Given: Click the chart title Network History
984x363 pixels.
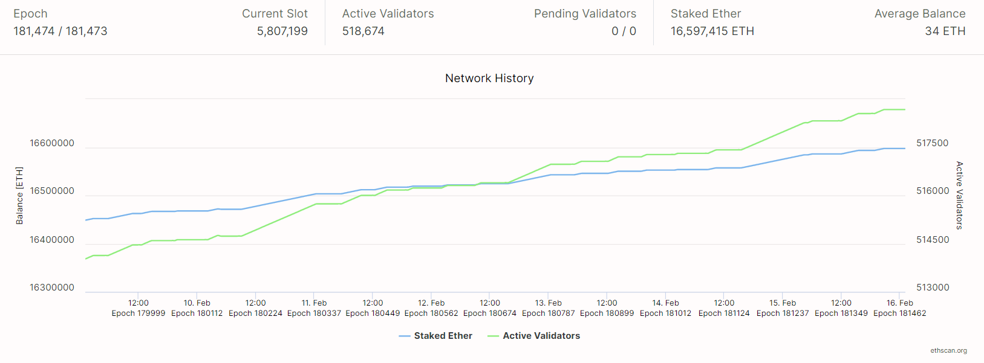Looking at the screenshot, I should pos(489,79).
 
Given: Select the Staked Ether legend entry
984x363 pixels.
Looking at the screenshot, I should pos(442,336).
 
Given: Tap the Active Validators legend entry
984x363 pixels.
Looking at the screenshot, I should pos(541,336).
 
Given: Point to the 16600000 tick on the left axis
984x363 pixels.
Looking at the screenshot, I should pos(52,143).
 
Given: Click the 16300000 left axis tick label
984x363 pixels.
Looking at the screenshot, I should pos(52,288).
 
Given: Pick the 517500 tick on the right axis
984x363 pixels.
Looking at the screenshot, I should pos(932,143).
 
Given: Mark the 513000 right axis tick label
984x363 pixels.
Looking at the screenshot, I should pos(932,288).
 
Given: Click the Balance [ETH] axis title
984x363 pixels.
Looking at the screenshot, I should pos(19,196).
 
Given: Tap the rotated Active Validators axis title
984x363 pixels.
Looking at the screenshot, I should pos(959,195).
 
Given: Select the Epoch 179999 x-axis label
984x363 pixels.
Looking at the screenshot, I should pos(138,313).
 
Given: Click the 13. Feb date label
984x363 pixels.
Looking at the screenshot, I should pos(549,303).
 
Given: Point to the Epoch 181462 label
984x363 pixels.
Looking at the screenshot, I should pos(899,313).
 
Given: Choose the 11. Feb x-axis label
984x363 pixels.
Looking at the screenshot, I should pos(314,303).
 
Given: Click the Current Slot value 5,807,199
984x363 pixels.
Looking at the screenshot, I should pos(282,31).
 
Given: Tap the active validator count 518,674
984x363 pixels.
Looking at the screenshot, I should pos(363,31).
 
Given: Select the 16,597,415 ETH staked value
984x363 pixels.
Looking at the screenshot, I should pos(712,31).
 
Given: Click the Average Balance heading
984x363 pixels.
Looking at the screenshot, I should pos(919,14).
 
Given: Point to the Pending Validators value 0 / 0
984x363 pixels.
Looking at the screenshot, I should pos(624,31).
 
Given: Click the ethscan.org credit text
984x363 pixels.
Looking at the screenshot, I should pos(948,350).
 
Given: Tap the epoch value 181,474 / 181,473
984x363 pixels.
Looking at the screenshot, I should pos(60,31).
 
